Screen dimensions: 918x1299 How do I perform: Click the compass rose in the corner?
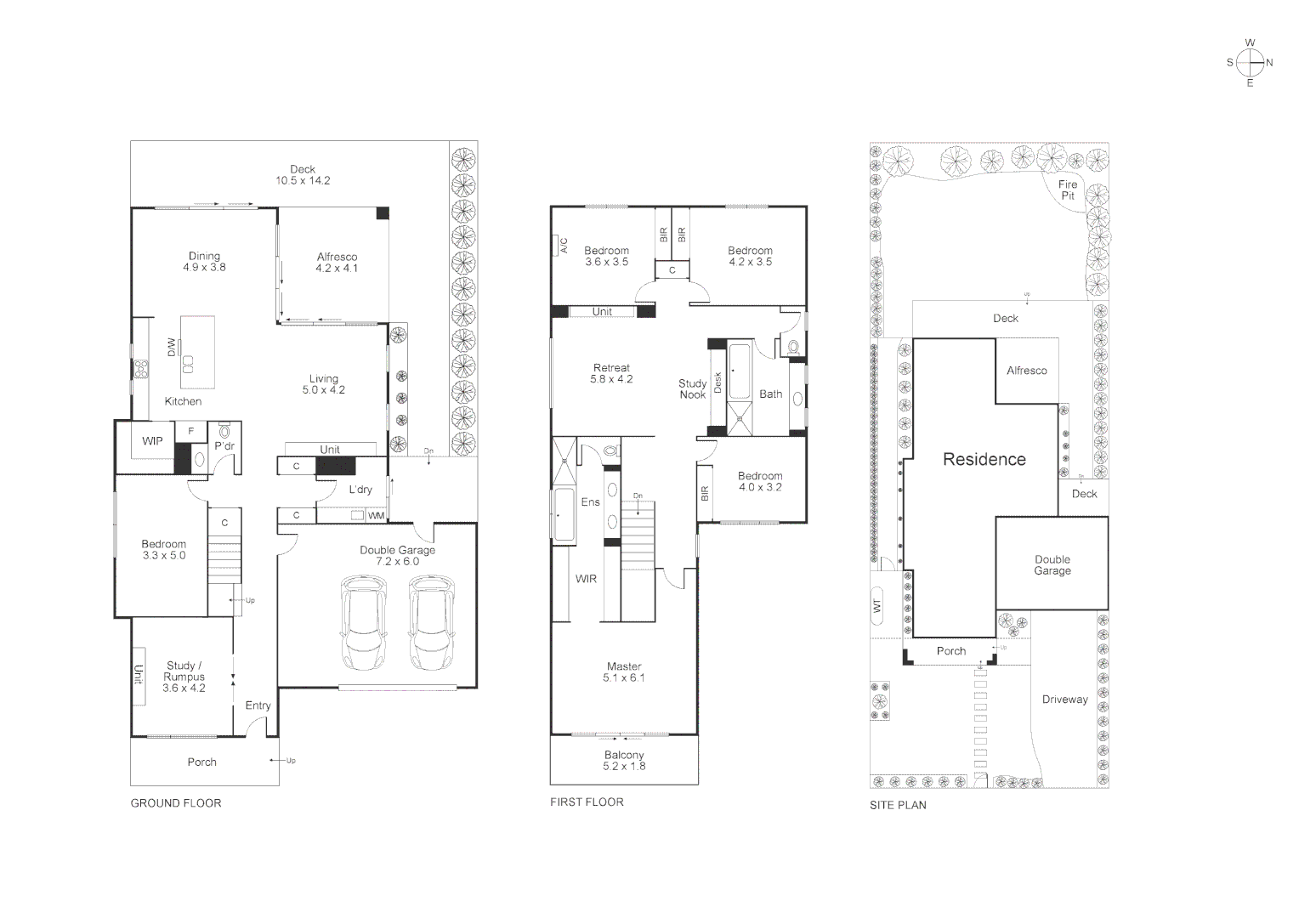coord(1249,63)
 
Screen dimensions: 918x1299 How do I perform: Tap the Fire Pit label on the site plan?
coord(1067,190)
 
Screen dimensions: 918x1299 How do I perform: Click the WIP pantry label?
coord(152,441)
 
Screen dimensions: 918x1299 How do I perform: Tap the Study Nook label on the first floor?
coord(692,389)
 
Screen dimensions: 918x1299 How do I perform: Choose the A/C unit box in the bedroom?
coord(564,245)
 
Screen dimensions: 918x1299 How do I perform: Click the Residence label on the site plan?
coord(984,460)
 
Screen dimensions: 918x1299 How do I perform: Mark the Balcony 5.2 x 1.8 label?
coord(624,760)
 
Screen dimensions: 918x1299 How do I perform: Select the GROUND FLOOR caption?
coord(176,803)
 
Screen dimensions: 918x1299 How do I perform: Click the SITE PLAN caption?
coord(898,805)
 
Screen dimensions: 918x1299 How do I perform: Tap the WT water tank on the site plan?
coord(877,605)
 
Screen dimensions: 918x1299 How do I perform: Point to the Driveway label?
coord(1064,700)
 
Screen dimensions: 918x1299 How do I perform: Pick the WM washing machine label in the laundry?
coord(375,516)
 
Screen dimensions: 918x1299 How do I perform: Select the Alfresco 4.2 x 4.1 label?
coord(337,262)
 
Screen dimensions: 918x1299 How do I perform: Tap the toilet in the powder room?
coord(225,431)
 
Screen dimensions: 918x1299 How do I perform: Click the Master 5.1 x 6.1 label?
coord(624,671)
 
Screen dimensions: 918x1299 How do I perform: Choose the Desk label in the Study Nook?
coord(718,382)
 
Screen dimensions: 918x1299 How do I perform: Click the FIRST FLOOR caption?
coord(587,802)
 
